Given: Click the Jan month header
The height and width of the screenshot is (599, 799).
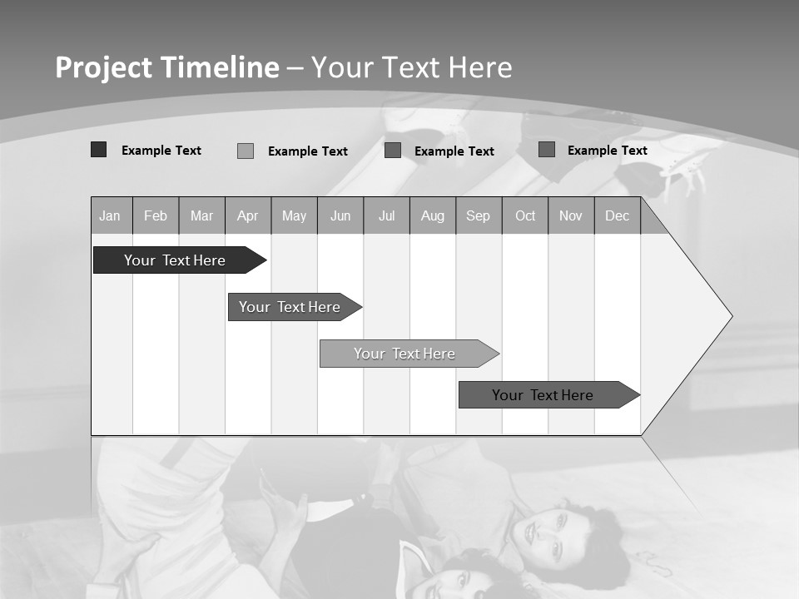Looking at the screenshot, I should click(110, 215).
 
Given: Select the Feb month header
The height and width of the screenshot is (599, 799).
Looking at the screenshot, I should click(156, 215).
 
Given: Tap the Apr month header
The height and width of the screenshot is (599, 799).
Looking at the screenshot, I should click(247, 215).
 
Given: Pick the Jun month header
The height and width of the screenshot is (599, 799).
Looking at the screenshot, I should click(340, 215).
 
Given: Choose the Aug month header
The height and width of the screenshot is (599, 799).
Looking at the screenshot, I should click(432, 215).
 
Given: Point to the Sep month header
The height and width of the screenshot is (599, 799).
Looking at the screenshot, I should click(478, 215).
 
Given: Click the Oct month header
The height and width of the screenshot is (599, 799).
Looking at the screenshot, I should click(525, 215).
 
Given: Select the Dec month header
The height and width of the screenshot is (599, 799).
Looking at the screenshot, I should click(617, 215).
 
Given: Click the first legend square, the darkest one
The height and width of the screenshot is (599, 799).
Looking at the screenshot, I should click(99, 150).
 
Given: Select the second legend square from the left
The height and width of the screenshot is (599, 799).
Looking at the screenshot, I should click(246, 151).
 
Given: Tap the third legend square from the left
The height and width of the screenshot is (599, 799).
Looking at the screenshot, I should click(393, 151).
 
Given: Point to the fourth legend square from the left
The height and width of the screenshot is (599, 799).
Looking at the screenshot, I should click(547, 150).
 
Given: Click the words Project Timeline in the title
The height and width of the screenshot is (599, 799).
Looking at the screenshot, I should click(167, 67).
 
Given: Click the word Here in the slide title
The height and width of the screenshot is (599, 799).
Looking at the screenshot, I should click(480, 67).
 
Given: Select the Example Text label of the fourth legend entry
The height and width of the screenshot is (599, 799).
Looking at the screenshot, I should click(608, 151).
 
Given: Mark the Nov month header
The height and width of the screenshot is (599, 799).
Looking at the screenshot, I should click(570, 215).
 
